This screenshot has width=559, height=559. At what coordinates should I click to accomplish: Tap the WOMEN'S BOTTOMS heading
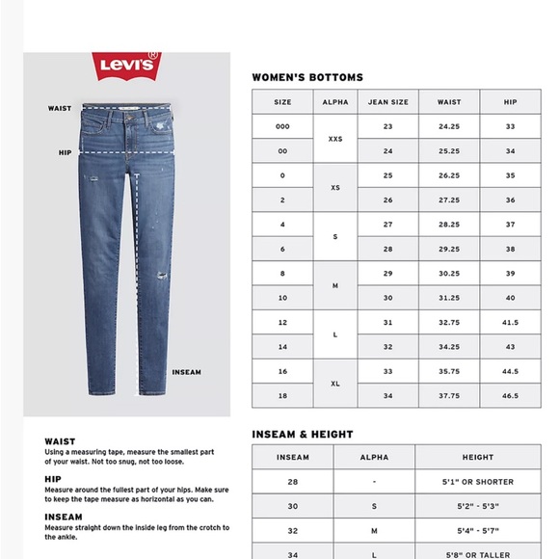tap(307, 77)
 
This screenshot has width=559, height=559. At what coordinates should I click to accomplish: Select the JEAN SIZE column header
tap(387, 102)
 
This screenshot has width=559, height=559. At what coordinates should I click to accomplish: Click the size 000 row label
tap(282, 127)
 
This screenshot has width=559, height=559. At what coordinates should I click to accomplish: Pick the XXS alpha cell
tap(335, 139)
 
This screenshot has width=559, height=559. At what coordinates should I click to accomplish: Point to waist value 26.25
tap(449, 176)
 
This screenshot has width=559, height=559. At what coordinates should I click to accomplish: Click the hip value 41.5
tap(510, 323)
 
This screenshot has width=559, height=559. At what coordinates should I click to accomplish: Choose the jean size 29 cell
tap(387, 275)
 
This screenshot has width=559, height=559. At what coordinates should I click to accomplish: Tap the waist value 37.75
tap(449, 396)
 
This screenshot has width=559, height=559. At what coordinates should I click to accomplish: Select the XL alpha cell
tap(335, 384)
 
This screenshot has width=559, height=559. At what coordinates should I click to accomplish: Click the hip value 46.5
tap(510, 396)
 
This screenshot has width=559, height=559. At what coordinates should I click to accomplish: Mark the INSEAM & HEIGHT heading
tap(302, 435)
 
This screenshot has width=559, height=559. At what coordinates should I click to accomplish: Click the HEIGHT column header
tap(477, 458)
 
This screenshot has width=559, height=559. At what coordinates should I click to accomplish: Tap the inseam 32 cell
tap(293, 531)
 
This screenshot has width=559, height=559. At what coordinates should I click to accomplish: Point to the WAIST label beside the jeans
tap(60, 109)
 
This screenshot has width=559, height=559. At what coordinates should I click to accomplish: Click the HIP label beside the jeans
tap(65, 152)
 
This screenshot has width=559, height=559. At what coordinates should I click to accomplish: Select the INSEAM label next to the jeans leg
tap(186, 372)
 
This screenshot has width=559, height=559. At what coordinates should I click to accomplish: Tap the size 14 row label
tap(282, 347)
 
